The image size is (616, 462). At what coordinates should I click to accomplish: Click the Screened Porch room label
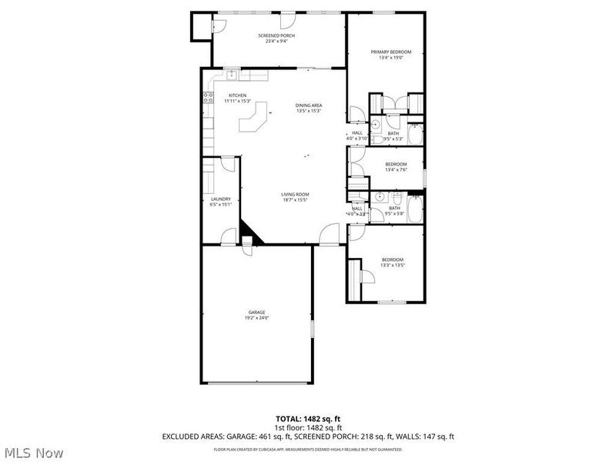(276, 36)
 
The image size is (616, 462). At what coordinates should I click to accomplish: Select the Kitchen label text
(237, 95)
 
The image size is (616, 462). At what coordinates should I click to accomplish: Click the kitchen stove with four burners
(207, 97)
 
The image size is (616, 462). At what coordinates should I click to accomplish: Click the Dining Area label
(309, 105)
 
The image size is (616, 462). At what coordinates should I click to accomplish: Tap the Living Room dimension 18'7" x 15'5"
(294, 199)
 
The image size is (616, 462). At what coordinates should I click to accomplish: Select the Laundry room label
(221, 199)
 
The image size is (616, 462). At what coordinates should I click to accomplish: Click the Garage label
(256, 312)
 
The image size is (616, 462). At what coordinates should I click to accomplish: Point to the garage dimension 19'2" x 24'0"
(256, 318)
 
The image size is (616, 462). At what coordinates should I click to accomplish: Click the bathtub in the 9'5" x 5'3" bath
(413, 135)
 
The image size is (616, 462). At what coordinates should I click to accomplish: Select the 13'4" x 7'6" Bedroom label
(396, 164)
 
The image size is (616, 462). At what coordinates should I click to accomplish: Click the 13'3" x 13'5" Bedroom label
(392, 259)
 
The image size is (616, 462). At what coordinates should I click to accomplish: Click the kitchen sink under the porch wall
(230, 75)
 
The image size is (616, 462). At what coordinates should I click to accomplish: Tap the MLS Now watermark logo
(34, 452)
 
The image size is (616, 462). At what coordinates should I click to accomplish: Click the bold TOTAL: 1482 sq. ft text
(308, 418)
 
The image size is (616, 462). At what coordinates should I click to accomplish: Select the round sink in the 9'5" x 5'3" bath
(376, 124)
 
